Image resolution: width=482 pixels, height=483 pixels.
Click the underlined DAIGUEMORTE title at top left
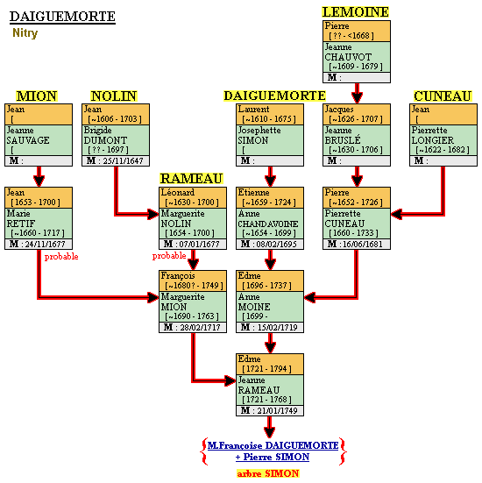[62, 17]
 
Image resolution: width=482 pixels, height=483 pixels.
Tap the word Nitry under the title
[25, 32]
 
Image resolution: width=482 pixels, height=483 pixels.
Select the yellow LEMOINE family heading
[356, 12]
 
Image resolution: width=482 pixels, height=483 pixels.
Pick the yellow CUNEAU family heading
[443, 96]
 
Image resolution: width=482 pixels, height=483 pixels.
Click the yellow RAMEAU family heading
[191, 178]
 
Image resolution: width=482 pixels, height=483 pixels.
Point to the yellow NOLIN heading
[114, 96]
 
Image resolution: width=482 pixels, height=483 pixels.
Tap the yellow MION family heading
[37, 96]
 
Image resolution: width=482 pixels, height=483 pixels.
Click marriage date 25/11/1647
[124, 160]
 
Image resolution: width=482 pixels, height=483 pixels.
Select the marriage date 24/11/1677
[45, 244]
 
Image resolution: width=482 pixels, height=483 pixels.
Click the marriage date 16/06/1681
[363, 244]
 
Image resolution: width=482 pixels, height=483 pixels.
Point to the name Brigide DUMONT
[105, 135]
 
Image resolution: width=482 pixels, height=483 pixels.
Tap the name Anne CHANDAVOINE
[268, 218]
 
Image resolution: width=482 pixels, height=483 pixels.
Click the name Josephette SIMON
[259, 135]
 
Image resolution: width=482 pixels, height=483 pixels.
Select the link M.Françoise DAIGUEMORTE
[273, 445]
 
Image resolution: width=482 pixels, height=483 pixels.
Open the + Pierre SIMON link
[273, 457]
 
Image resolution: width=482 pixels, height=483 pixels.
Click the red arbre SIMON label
[268, 473]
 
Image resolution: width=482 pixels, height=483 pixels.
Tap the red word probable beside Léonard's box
[169, 256]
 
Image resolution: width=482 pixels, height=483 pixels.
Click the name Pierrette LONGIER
[433, 135]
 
